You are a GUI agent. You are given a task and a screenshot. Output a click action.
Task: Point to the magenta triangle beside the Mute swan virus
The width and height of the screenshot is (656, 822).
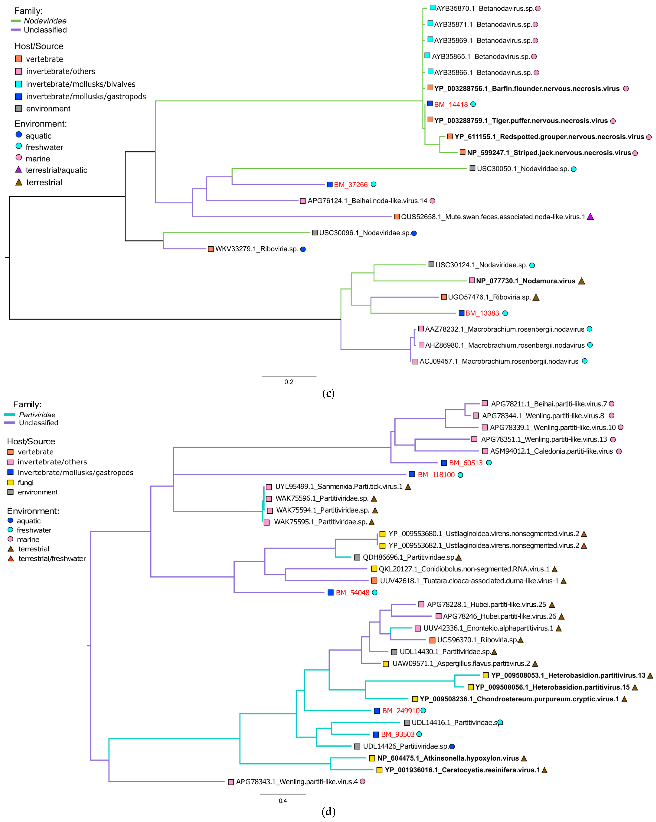point(590,217)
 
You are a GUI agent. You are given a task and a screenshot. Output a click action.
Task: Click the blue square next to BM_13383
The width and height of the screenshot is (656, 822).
point(461,313)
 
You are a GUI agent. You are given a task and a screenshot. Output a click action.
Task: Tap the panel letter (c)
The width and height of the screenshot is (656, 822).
point(328,394)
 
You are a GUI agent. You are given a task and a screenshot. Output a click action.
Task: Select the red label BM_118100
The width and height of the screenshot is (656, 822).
point(436,475)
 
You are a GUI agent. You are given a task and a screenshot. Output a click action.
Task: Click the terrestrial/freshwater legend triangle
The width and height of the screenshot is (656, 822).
point(11,559)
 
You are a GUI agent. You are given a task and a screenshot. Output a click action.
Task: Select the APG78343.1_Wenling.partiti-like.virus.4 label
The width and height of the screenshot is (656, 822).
point(297,782)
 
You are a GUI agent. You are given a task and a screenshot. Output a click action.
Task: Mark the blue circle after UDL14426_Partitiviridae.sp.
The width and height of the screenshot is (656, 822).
point(452,746)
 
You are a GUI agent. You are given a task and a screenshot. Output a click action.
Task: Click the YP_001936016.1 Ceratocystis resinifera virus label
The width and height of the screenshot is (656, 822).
point(462,770)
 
